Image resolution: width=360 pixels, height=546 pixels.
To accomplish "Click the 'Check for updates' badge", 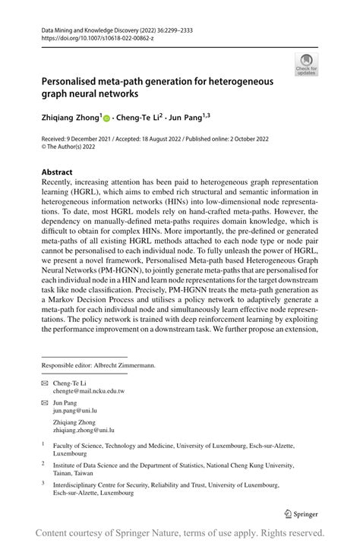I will coord(308,65).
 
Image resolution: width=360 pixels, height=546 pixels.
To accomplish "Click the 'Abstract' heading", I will coord(58,172).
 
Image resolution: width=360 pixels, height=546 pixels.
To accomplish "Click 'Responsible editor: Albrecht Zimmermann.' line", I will coord(98,365).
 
